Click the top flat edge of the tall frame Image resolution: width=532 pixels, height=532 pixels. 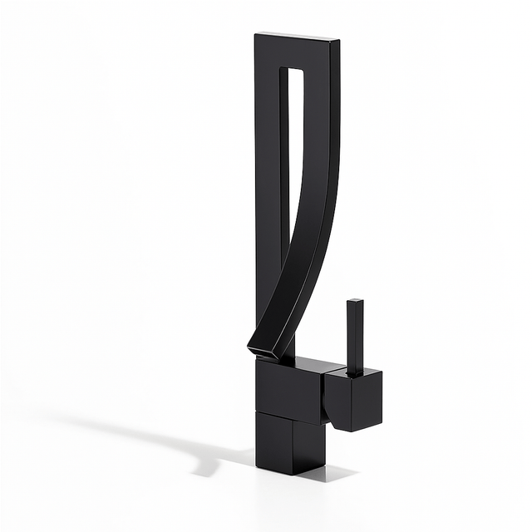click(297, 36)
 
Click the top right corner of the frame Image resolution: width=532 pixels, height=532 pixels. click(338, 40)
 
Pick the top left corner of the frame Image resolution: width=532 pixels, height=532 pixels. click(256, 33)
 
